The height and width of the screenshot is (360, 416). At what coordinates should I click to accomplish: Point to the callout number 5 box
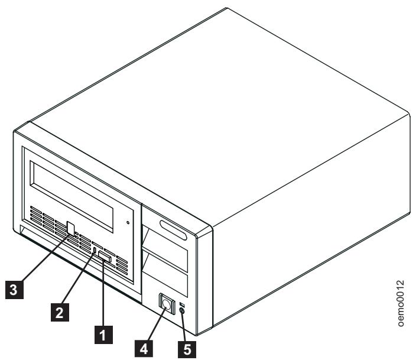pos(187,349)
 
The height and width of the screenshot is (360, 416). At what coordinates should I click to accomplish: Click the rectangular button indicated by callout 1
pos(105,255)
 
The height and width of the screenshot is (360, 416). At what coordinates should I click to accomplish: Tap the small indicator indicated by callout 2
pos(95,251)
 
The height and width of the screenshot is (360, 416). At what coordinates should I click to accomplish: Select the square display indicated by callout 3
pos(71,228)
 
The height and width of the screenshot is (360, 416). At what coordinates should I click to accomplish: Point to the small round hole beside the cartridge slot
pos(128,223)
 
